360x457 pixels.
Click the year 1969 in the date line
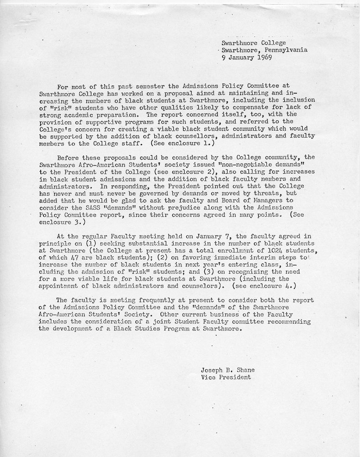click(265, 58)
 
